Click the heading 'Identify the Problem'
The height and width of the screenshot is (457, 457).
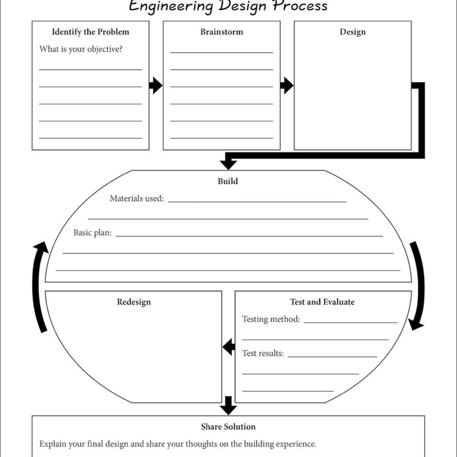[x=90, y=32]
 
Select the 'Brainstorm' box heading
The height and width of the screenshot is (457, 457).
[x=222, y=32]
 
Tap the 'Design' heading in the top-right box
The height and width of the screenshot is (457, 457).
[x=353, y=32]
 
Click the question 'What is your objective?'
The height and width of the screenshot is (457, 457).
[x=81, y=49]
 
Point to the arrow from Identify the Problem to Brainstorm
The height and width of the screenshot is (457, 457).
[x=156, y=85]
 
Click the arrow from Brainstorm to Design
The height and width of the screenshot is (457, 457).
[x=287, y=85]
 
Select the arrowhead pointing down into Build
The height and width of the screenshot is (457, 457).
[x=228, y=165]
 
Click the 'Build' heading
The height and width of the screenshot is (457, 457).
[x=228, y=181]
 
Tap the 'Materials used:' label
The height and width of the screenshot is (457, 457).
[x=137, y=198]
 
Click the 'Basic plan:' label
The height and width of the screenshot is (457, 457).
[x=92, y=233]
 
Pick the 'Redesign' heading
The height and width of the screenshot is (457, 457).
[x=134, y=302]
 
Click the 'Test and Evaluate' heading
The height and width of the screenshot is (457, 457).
[x=322, y=302]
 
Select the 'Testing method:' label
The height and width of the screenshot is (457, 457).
[x=271, y=319]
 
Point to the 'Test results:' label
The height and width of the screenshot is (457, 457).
[x=263, y=353]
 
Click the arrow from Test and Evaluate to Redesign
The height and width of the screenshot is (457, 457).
[x=228, y=347]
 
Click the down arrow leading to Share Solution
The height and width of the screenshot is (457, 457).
[x=228, y=405]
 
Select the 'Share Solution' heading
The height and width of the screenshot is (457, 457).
[x=228, y=427]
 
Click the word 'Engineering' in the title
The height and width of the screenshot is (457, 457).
[x=171, y=6]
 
